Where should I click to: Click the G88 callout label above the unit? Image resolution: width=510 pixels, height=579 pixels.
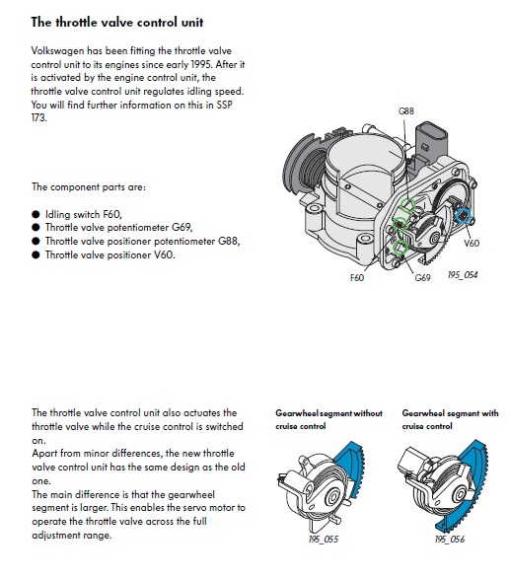(405, 111)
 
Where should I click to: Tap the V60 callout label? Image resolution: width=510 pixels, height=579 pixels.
(472, 243)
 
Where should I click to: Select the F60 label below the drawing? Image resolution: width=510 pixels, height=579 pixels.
(357, 277)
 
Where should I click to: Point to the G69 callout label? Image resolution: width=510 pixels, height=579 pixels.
(422, 277)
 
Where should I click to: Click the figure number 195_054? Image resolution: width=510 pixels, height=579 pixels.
(463, 275)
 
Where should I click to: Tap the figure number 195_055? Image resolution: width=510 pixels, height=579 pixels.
(324, 540)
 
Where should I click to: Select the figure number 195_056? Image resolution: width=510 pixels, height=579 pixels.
(450, 540)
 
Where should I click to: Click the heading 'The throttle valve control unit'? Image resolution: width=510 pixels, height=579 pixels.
(117, 22)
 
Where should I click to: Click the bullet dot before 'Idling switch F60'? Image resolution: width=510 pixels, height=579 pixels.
(36, 215)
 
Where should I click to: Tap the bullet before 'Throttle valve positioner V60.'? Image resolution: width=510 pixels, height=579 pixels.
(36, 254)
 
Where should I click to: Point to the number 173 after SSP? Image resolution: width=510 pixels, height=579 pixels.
(38, 117)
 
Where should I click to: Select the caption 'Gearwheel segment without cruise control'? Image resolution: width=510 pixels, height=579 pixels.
(328, 419)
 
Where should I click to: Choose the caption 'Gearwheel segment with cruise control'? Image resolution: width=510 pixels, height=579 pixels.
(450, 419)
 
